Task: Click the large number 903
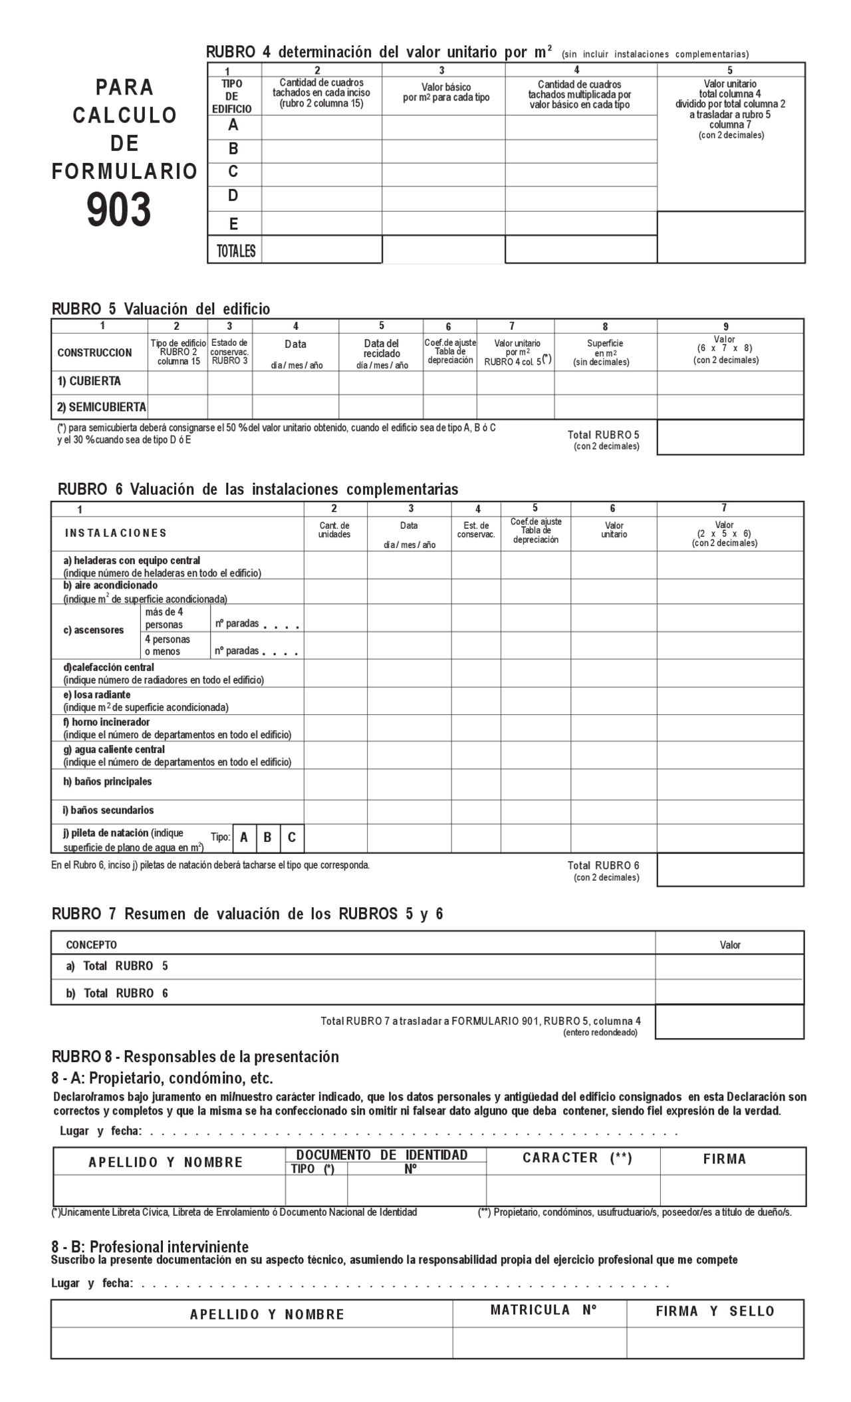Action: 119,210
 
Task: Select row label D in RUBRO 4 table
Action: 233,196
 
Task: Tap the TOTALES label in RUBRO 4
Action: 235,251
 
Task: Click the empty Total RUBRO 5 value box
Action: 730,438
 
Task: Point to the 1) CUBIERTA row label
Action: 89,382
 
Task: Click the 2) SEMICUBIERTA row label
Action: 100,407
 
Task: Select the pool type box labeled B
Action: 267,838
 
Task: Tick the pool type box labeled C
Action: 292,838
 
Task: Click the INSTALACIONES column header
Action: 116,533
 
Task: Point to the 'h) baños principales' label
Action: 108,781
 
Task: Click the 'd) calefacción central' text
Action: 109,667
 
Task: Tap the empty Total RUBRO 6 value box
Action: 730,870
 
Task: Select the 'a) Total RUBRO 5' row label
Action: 116,966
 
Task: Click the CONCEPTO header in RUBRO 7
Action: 91,944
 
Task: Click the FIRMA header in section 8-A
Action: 725,1159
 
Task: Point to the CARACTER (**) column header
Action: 576,1158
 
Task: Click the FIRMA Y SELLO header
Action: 715,1311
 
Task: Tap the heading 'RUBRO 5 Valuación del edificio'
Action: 161,309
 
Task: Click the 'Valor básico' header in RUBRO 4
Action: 446,92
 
